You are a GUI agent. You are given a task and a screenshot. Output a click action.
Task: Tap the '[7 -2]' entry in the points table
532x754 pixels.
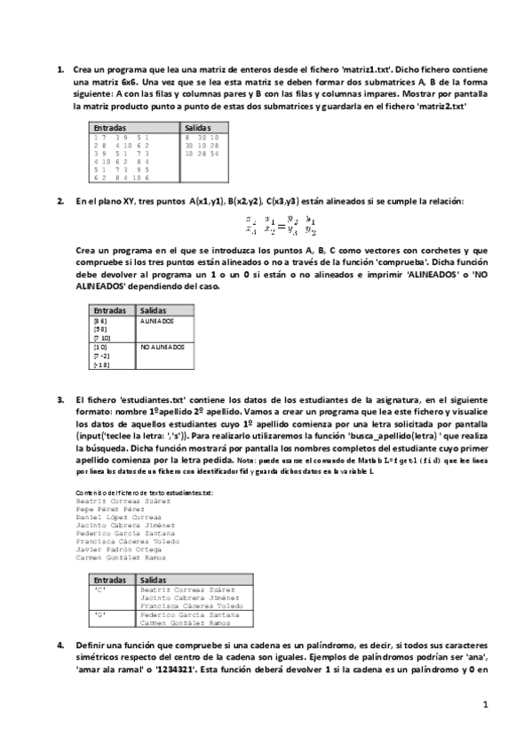tap(102, 355)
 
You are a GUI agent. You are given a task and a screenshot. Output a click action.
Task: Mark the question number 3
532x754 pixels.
tap(60, 400)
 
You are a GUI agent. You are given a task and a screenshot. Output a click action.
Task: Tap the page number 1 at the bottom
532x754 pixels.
tap(485, 705)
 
